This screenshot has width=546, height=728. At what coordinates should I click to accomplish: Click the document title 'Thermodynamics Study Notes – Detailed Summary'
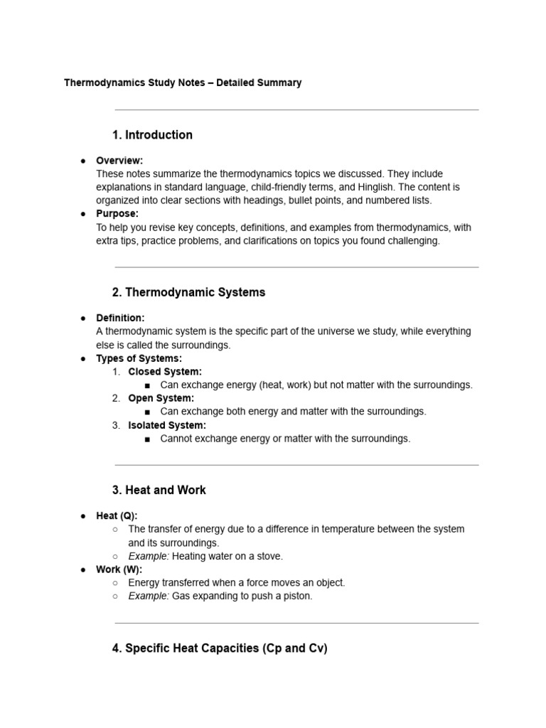coord(183,82)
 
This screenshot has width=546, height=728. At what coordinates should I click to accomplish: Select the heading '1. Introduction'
coord(152,135)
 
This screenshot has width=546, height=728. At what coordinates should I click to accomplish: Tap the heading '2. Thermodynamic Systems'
coord(188,292)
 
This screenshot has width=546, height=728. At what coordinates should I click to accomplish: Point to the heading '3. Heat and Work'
coord(159,490)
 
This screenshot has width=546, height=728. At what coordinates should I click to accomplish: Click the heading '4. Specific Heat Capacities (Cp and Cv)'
coord(220,648)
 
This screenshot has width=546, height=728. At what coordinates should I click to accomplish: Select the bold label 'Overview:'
coord(119,161)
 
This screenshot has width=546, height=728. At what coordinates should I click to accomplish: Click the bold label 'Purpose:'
coord(117,213)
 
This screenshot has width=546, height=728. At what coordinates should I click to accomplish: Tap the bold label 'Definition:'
coord(120,318)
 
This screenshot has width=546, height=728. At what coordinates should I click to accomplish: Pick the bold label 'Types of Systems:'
coord(139,358)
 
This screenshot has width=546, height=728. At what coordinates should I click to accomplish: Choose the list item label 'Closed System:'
coord(165,371)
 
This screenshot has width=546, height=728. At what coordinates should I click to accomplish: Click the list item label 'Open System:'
coord(161,398)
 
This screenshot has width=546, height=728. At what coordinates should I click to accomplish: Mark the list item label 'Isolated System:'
coord(167,425)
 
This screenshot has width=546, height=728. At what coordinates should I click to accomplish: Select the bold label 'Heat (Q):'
coord(117,515)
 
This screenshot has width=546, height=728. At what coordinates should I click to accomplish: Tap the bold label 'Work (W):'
coord(119,569)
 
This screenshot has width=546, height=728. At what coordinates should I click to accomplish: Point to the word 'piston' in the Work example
coord(296,596)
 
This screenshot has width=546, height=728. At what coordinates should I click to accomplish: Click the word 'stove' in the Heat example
coord(269,556)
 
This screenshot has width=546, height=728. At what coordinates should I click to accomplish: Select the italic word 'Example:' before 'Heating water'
coord(149,556)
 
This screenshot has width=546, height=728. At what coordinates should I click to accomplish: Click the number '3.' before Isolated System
coord(116,425)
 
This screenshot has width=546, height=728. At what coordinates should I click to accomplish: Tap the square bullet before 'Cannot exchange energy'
coord(147,439)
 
